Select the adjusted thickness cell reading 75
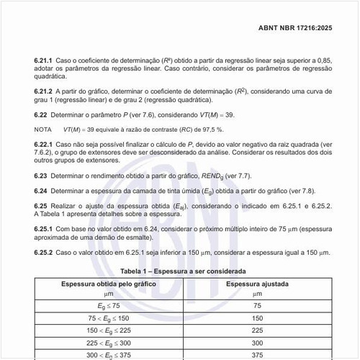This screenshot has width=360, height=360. pos(257,305)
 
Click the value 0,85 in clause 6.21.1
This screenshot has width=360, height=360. pos(323,64)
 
